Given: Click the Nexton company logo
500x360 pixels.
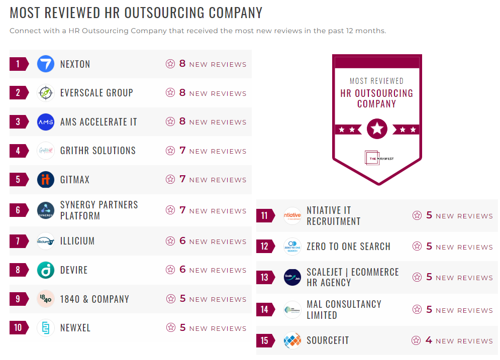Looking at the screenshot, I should (46, 64).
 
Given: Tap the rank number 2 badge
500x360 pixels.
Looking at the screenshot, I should (19, 93).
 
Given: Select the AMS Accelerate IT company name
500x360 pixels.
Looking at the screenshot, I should (98, 122).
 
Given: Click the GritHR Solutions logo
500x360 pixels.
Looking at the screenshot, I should (46, 151).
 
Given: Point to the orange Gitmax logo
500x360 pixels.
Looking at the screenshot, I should (46, 180).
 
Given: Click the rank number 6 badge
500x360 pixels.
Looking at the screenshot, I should (19, 210).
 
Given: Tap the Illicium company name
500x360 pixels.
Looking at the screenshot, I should (77, 241).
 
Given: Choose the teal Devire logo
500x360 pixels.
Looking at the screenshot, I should (46, 270).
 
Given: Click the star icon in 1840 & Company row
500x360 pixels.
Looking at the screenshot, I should (170, 299).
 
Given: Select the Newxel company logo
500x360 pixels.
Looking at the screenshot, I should (46, 328).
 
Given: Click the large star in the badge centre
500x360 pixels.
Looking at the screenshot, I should (377, 129).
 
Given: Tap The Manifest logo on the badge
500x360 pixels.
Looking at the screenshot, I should (377, 158).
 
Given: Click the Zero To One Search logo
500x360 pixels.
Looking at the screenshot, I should (292, 247).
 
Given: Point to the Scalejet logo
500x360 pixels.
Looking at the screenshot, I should (292, 277).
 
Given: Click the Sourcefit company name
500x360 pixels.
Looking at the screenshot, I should (328, 340).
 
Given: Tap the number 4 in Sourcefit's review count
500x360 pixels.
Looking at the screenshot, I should (429, 340).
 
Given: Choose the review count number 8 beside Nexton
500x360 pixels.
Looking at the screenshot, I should (182, 64).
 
